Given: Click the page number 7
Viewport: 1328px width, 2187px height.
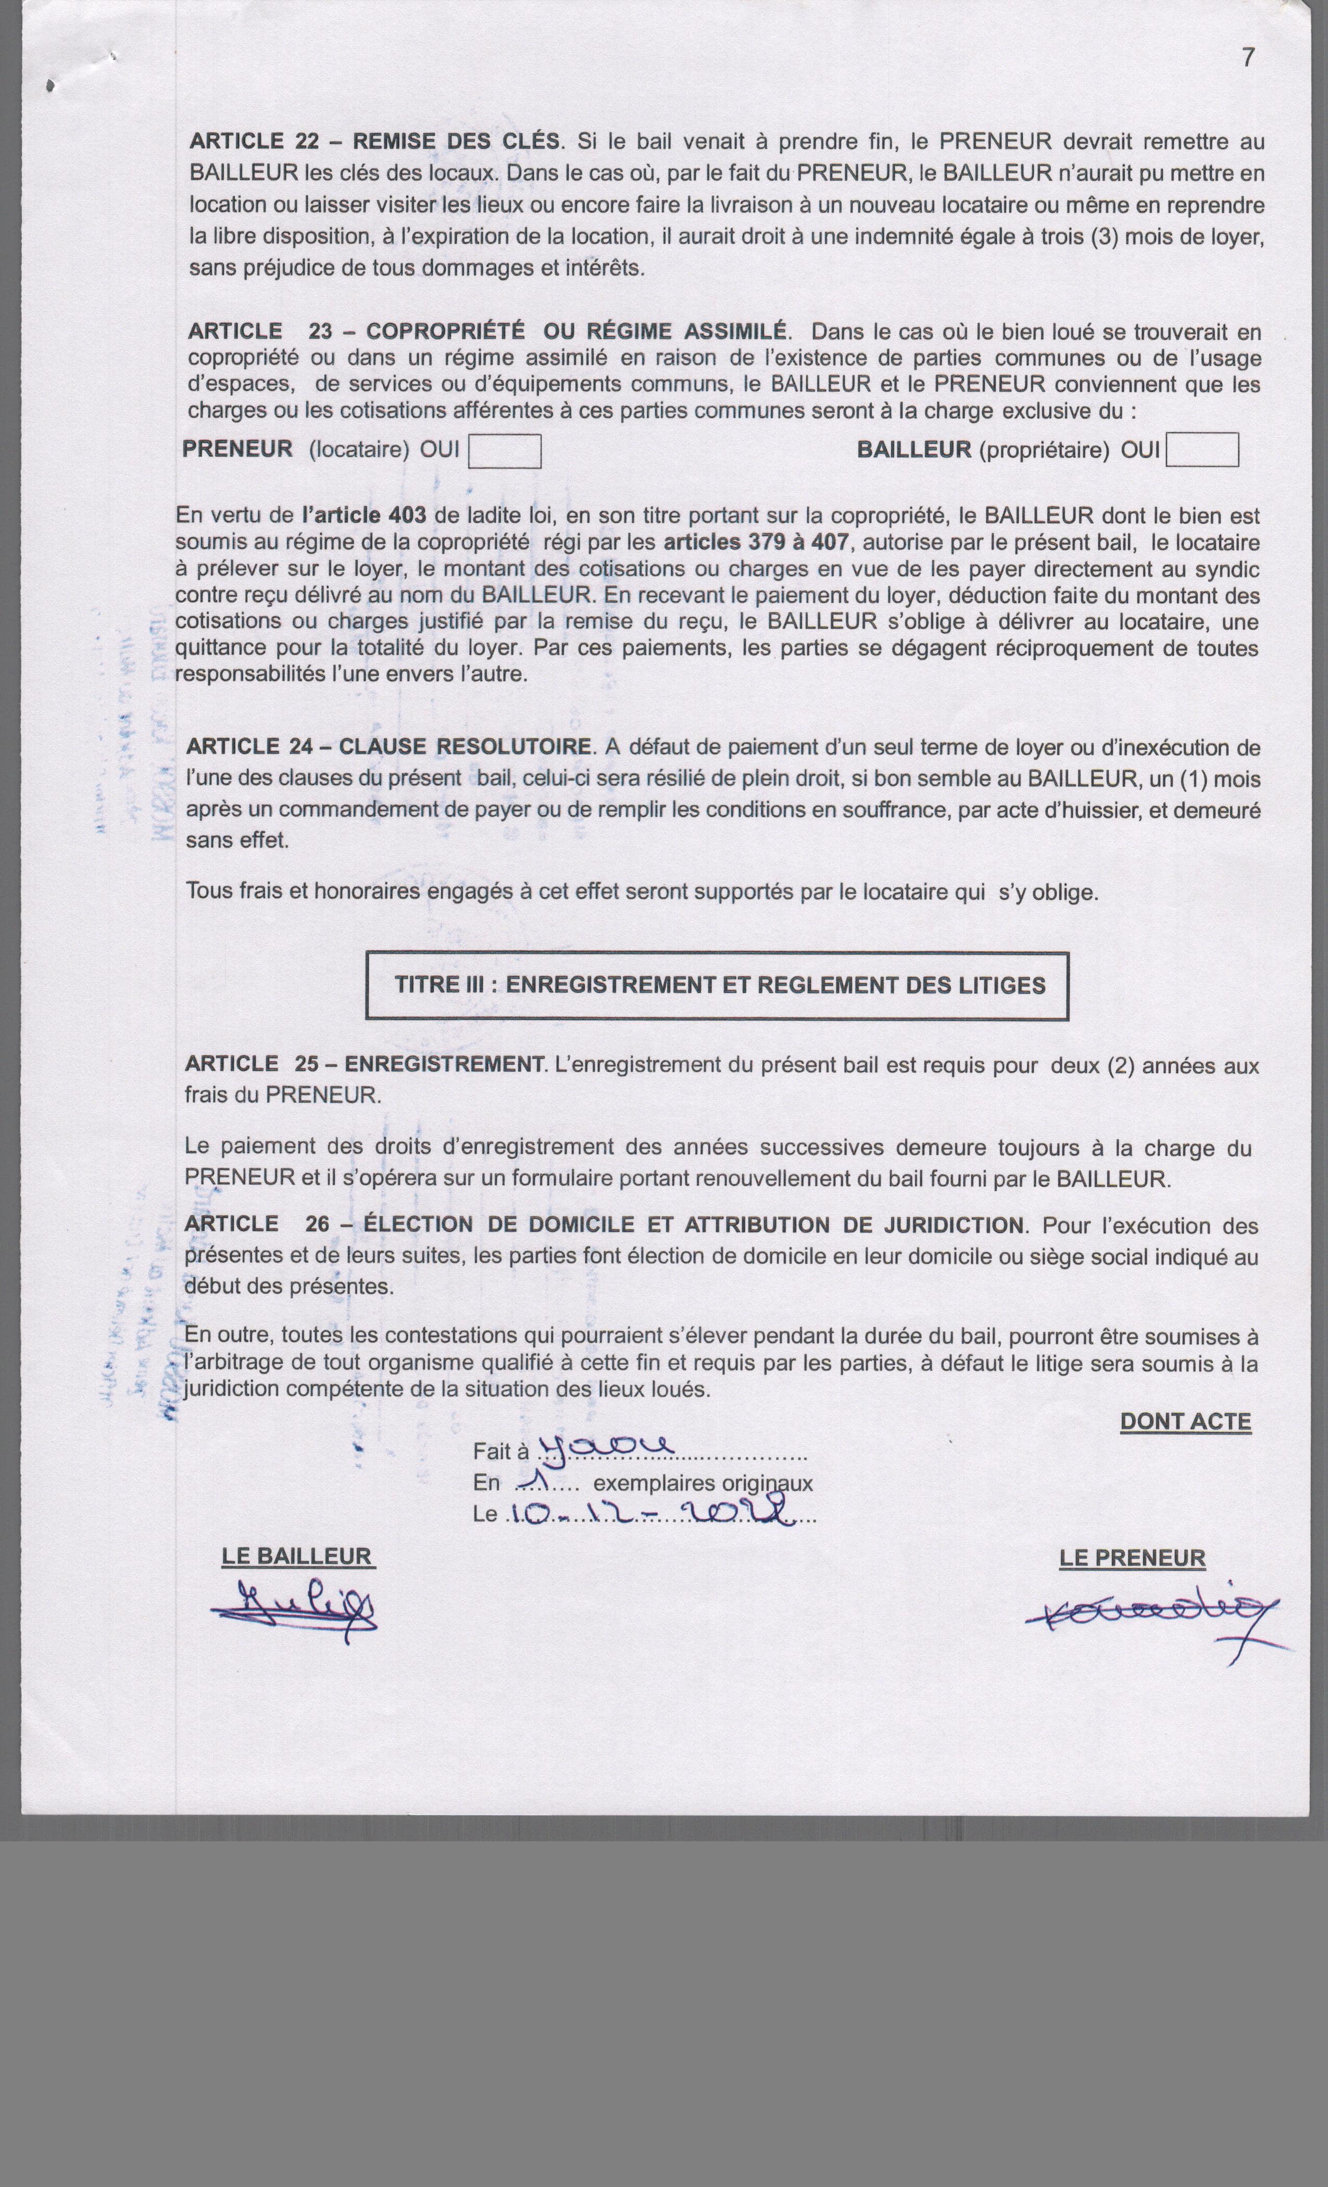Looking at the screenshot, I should click(1248, 58).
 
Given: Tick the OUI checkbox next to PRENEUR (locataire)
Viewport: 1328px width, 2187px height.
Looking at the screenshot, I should click(504, 451).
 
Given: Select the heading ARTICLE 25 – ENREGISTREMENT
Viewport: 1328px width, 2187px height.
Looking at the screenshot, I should click(364, 1064).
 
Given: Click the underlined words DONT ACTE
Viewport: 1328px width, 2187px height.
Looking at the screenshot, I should click(1185, 1422).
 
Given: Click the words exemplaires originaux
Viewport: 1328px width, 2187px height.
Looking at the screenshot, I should click(702, 1483).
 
